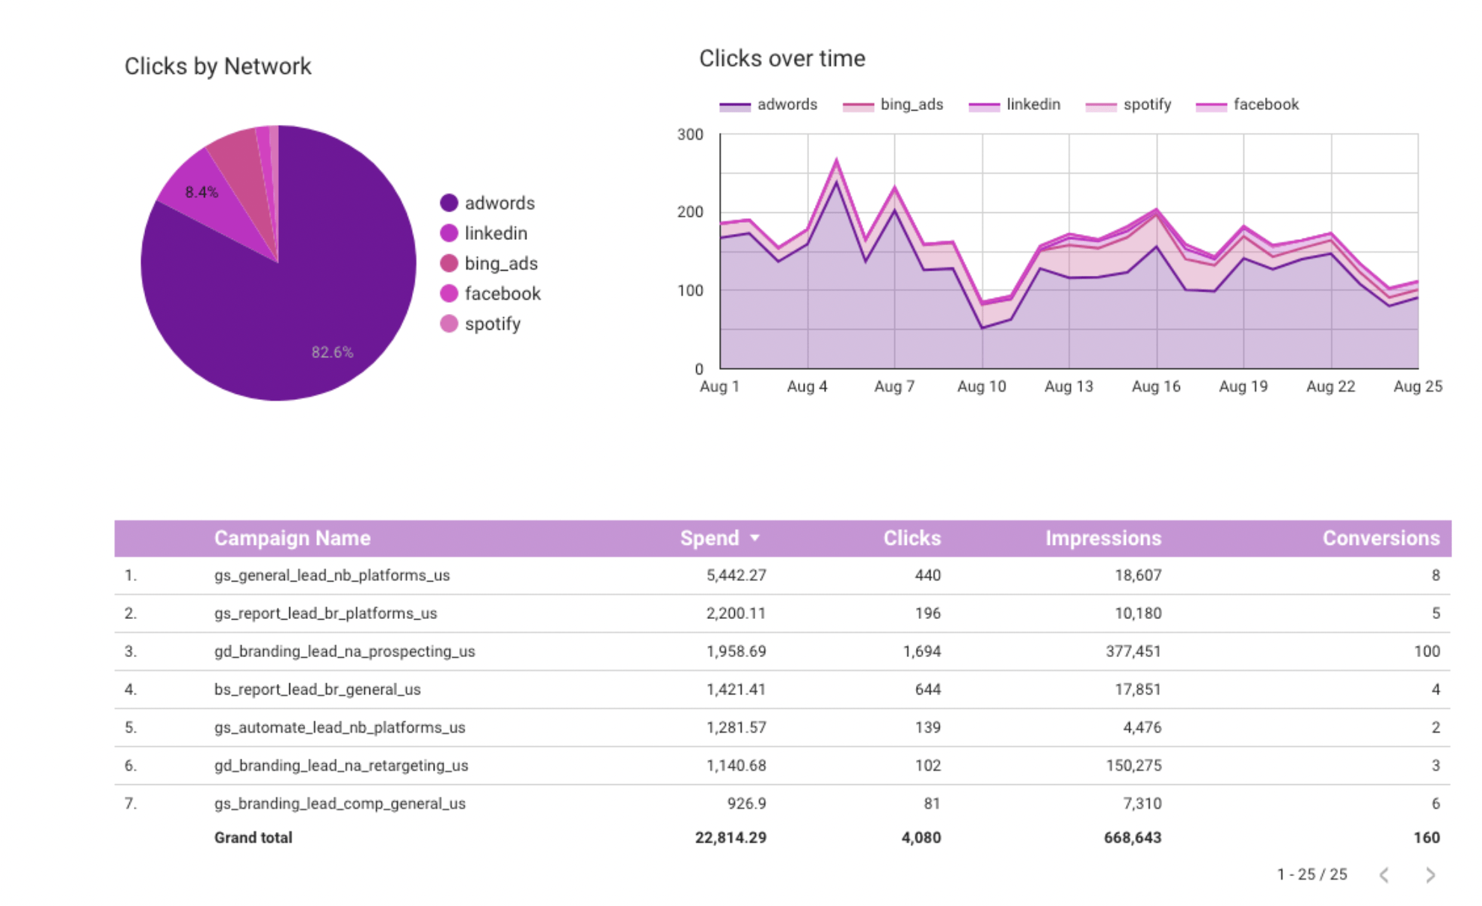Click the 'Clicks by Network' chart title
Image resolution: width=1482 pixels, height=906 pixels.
tap(218, 67)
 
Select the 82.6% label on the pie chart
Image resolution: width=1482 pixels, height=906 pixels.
tap(332, 352)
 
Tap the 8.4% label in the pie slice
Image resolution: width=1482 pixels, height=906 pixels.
tap(201, 192)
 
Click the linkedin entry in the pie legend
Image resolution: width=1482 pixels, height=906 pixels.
tap(495, 233)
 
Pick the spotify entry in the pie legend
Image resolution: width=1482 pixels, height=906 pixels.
tap(492, 324)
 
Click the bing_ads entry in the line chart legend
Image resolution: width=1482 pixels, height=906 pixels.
tap(911, 105)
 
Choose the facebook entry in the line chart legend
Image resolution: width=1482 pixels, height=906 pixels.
tap(1265, 105)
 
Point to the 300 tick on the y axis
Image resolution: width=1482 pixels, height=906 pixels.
tap(690, 135)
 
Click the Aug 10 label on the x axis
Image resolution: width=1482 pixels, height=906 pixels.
tap(981, 386)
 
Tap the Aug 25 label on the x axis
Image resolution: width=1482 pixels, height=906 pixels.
tap(1418, 386)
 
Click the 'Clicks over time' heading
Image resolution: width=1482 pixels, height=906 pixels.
tap(782, 58)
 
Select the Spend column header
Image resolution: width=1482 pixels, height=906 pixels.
tap(709, 538)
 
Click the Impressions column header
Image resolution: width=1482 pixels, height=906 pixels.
tap(1103, 538)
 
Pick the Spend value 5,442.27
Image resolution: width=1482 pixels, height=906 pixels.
tap(736, 576)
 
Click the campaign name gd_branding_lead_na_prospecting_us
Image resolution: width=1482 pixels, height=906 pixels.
tap(345, 651)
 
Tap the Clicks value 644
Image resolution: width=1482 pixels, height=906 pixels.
tap(927, 689)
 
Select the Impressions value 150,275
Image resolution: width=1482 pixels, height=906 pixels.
tap(1134, 765)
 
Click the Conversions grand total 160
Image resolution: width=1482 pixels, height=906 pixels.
tap(1426, 837)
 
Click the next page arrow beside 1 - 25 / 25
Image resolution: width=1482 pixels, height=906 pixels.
tap(1430, 875)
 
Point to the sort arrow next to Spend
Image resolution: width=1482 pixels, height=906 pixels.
tap(754, 538)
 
